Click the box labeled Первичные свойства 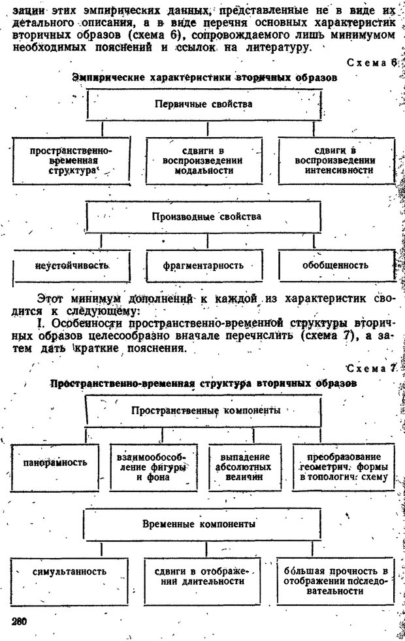click(203, 105)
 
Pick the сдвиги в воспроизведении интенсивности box click(334, 160)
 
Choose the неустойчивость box click(72, 266)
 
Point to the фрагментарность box click(204, 265)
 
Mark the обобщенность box click(334, 265)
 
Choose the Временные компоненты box click(200, 524)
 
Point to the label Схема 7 click(371, 369)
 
